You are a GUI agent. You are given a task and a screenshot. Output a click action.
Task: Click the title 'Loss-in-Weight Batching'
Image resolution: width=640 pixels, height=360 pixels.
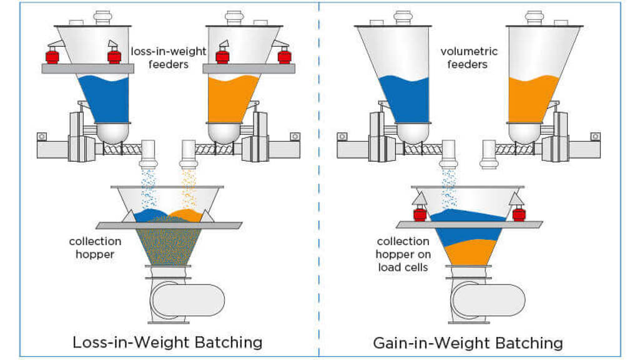click(x=167, y=342)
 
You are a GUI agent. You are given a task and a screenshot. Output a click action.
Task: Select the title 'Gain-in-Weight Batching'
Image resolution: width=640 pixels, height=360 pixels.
click(x=468, y=343)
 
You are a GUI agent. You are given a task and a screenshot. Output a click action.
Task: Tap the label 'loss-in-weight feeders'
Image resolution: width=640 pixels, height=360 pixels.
click(x=168, y=57)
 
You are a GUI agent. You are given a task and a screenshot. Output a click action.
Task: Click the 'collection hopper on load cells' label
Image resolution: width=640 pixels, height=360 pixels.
click(x=402, y=254)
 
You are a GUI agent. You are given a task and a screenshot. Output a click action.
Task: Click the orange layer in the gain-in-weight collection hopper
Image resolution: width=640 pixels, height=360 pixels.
click(x=468, y=253)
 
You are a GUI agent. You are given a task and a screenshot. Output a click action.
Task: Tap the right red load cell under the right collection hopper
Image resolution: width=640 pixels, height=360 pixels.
click(x=517, y=215)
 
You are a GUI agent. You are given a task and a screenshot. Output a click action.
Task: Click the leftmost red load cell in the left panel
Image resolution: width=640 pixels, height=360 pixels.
click(x=52, y=57)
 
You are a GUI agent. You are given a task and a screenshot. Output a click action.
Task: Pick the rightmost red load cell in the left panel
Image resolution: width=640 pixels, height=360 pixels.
click(x=284, y=57)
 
